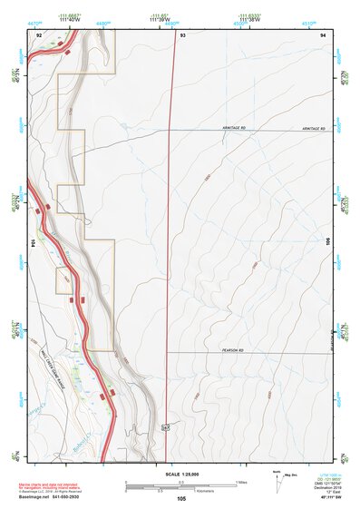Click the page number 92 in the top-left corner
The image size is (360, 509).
point(38,34)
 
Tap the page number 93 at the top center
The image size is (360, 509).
point(182,34)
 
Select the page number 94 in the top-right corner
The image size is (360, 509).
point(323,34)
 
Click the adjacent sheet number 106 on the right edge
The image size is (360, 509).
point(328,242)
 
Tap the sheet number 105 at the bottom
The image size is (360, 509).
point(181,498)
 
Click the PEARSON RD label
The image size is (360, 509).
point(234,349)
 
